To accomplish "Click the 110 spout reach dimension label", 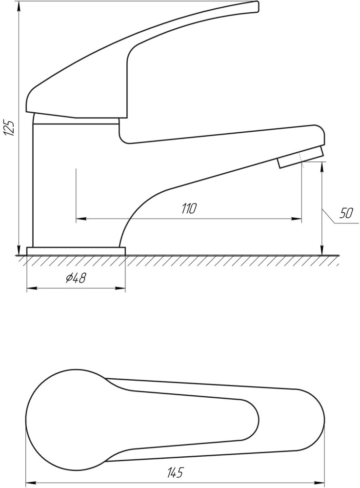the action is pos(189,208).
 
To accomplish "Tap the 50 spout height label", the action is pos(346,214).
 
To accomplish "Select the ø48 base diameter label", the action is pos(76,278).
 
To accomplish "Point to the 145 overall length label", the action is pos(176,472).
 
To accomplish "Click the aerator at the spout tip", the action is pos(301,157).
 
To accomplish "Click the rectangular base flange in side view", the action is pos(76,251).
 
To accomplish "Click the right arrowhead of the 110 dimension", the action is pos(297,219).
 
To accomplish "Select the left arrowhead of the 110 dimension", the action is pos(81,219).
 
